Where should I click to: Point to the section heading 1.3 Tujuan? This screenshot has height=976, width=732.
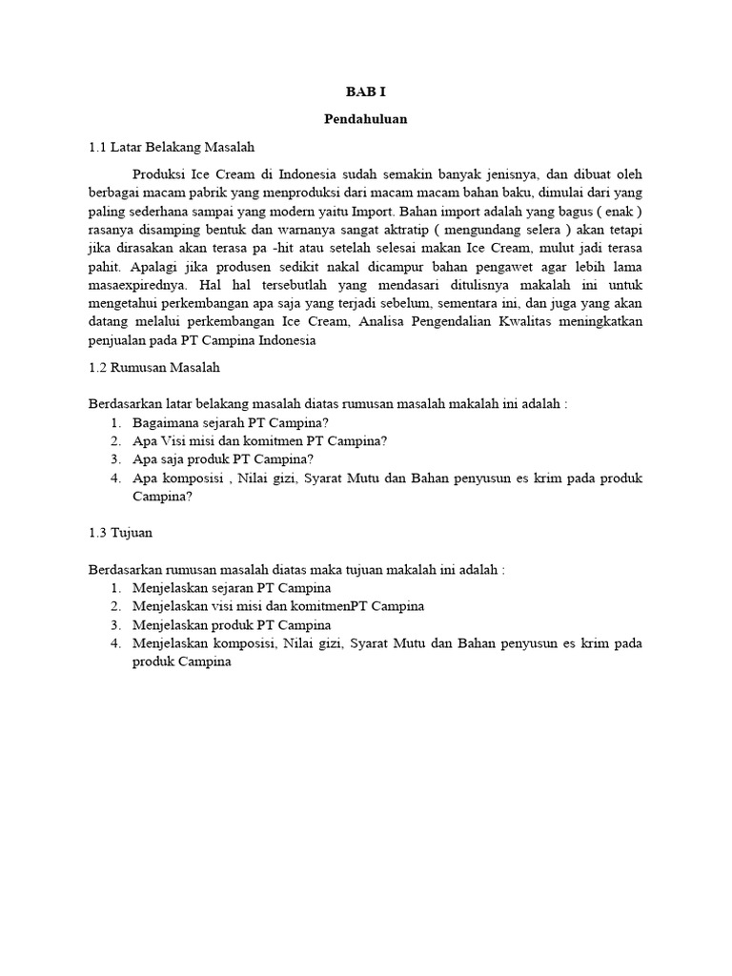point(121,532)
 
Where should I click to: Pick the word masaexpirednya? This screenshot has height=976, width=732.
point(135,284)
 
